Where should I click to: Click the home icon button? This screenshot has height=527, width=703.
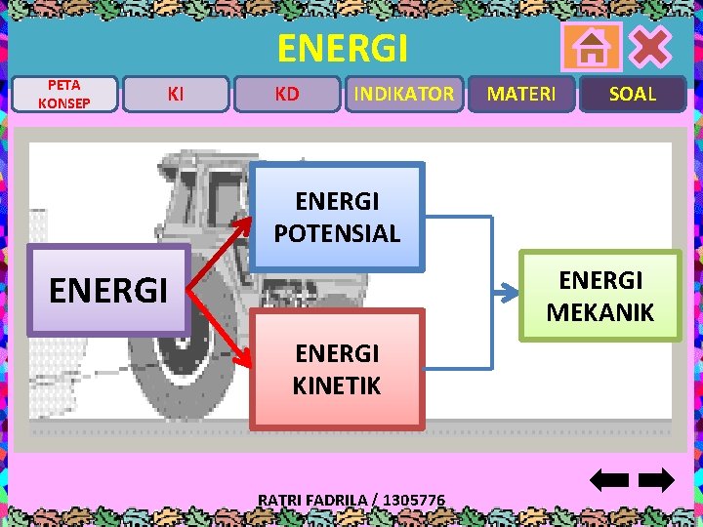click(x=592, y=47)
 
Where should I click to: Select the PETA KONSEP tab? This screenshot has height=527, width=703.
click(x=64, y=95)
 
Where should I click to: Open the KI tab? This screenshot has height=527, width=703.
click(x=176, y=95)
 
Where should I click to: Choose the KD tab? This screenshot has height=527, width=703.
click(x=287, y=95)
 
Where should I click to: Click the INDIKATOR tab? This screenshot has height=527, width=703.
click(x=403, y=95)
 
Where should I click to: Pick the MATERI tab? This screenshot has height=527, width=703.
click(x=521, y=95)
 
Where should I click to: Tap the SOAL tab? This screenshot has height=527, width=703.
click(x=633, y=95)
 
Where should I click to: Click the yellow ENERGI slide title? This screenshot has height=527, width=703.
click(x=342, y=47)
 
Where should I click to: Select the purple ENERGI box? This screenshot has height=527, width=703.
click(x=107, y=290)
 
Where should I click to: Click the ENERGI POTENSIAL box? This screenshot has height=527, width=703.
click(x=337, y=217)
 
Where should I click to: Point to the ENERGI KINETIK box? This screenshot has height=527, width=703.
click(x=337, y=369)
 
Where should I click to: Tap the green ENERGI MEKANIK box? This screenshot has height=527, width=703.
click(x=600, y=296)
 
